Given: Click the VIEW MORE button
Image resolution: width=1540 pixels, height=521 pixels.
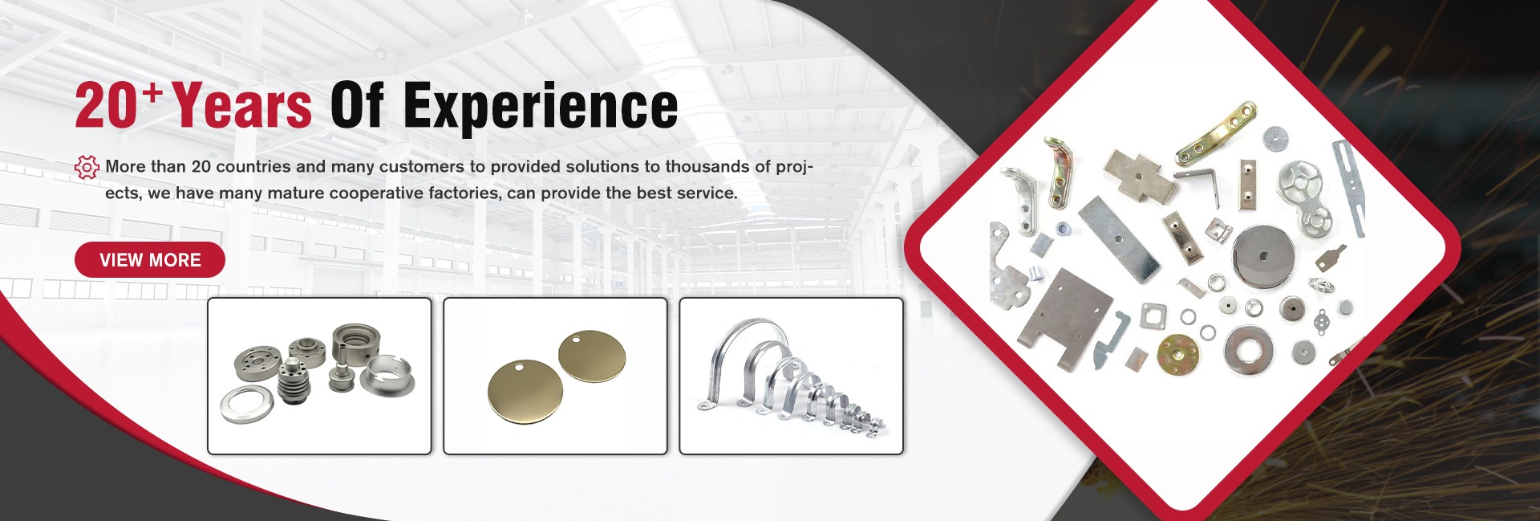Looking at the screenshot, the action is [150, 259].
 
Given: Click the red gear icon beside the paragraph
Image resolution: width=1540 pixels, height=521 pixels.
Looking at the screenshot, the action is [87, 167].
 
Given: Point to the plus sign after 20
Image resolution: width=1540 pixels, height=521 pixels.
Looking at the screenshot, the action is [152, 93].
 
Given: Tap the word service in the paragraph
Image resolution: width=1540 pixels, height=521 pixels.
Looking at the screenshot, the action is [707, 193].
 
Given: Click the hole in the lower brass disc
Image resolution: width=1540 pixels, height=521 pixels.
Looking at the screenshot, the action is [518, 368].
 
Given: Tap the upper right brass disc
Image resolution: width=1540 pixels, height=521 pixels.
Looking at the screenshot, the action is [592, 356].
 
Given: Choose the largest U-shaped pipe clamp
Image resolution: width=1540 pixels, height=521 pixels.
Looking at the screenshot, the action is [734, 361].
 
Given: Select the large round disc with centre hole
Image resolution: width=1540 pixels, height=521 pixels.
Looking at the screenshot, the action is [1263, 256].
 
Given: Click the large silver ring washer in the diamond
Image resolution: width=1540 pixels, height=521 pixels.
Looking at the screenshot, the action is [1248, 350].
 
